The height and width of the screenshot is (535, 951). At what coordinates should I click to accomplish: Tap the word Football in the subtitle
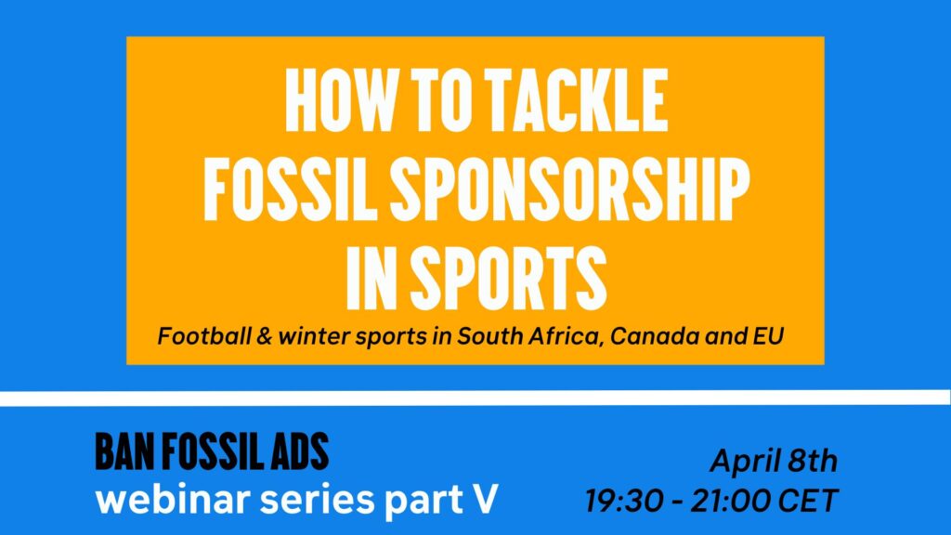click(x=204, y=336)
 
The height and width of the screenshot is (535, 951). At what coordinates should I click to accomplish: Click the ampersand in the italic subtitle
click(x=265, y=336)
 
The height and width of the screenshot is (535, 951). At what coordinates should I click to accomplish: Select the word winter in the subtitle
click(x=314, y=336)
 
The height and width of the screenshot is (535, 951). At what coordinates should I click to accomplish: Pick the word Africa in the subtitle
click(x=567, y=336)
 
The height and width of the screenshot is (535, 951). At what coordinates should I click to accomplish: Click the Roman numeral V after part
click(x=485, y=499)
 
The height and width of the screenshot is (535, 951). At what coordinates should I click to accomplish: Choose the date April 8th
click(x=774, y=461)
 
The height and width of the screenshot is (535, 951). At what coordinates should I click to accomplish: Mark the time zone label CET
click(x=807, y=501)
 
